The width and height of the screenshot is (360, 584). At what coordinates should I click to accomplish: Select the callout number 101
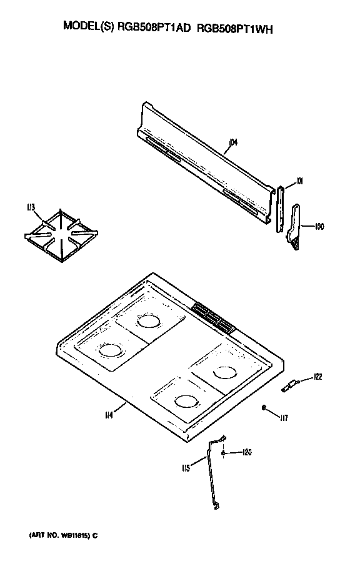coord(299,181)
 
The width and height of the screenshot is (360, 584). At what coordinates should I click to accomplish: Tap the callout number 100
coord(319,225)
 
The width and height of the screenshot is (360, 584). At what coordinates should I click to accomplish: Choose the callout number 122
coord(317,376)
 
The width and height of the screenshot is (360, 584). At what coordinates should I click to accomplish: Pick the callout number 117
coord(284,417)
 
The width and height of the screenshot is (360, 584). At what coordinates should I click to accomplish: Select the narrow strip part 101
coord(279,209)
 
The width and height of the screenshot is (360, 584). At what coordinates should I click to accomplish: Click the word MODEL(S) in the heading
coord(86,27)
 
